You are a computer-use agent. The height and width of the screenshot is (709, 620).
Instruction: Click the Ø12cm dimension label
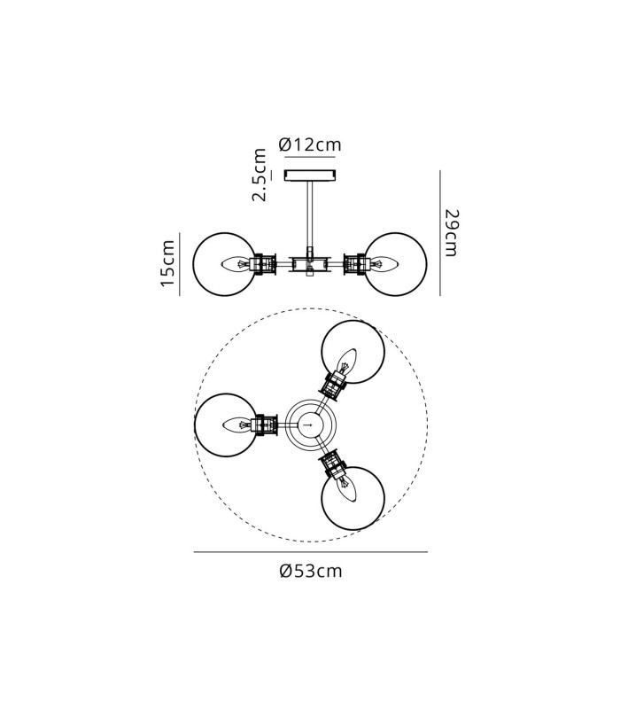click(310, 144)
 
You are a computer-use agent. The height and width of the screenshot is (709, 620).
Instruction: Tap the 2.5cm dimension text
click(259, 175)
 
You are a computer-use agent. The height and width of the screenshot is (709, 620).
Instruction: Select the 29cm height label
click(451, 233)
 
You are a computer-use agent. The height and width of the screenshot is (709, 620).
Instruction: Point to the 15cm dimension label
click(168, 263)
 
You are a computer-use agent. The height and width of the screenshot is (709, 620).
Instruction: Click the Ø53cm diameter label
click(311, 571)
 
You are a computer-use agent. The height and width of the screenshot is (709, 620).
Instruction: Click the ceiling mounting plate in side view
click(310, 175)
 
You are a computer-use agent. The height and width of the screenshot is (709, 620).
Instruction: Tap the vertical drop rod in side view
click(311, 214)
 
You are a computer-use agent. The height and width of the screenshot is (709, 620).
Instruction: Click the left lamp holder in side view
click(264, 264)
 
